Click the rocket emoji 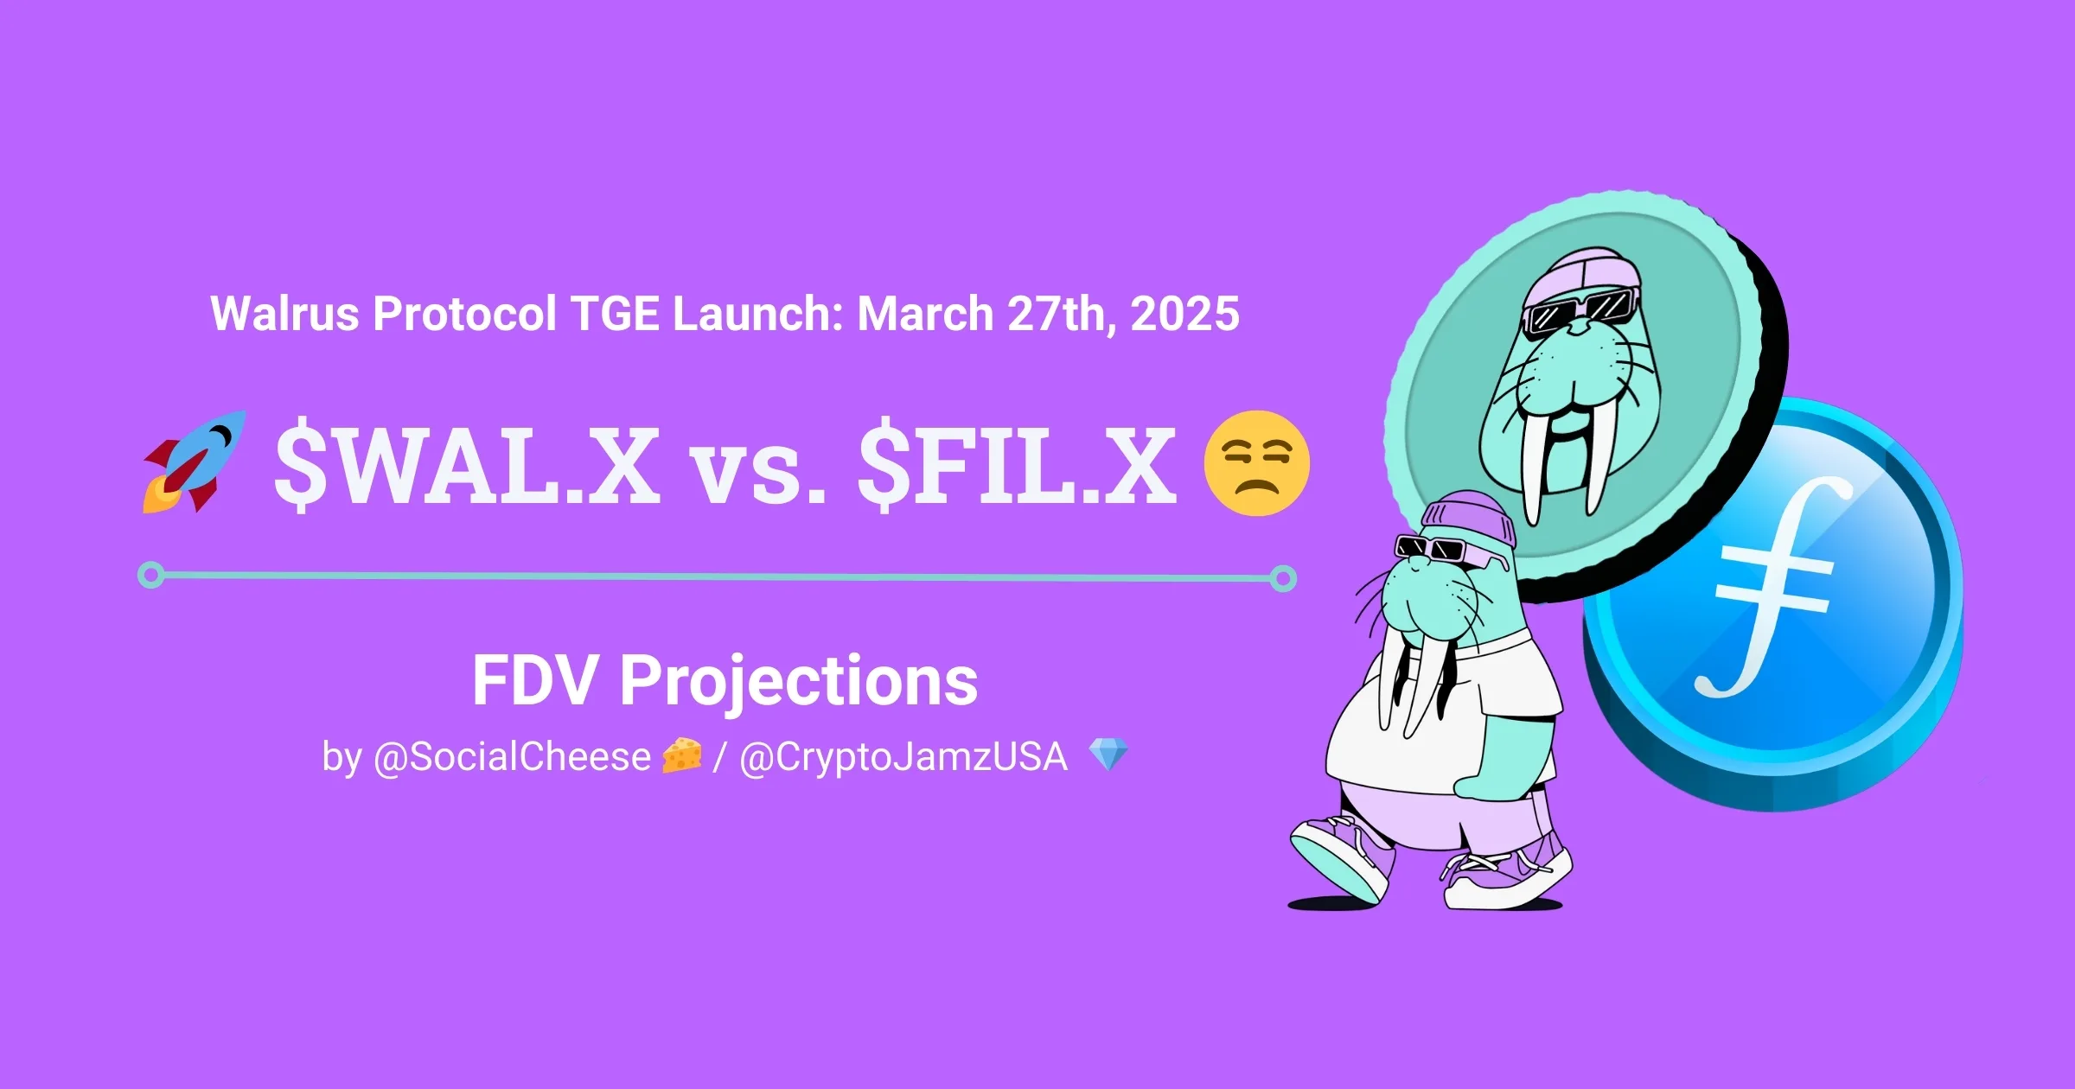195,462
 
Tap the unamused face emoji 1257,463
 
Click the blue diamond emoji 1108,755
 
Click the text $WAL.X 467,467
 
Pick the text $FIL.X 1017,467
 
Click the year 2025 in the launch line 1184,313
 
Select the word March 925,313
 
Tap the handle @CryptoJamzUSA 903,757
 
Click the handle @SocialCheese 512,756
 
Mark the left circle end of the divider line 151,575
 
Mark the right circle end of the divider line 1284,578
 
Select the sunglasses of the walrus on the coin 1577,309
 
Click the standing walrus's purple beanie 1470,519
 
